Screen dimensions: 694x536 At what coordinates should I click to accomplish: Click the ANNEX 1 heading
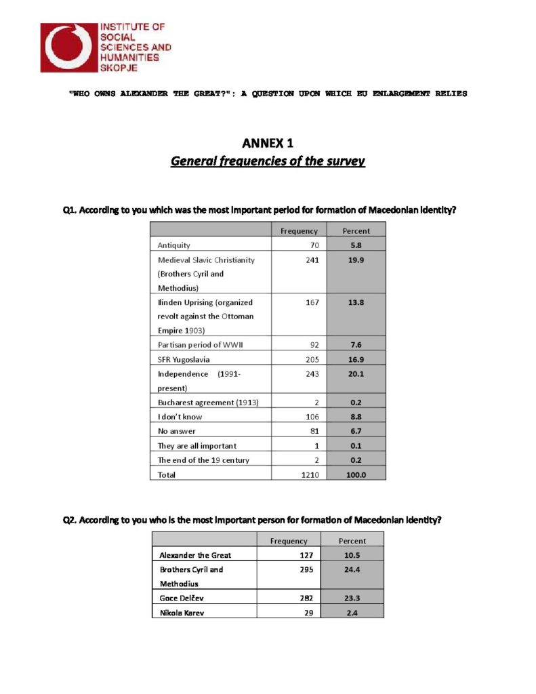tap(268, 143)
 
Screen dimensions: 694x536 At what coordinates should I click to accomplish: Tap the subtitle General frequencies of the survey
tap(268, 161)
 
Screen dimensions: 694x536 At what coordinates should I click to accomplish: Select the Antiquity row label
tap(174, 245)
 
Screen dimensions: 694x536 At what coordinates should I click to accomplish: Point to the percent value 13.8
tap(356, 302)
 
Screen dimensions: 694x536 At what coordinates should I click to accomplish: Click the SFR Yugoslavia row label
tap(179, 359)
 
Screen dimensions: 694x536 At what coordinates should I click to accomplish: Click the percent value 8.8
tap(356, 417)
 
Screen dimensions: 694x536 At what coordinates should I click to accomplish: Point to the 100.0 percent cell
tap(356, 475)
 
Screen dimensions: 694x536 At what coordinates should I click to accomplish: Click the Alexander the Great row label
tap(195, 554)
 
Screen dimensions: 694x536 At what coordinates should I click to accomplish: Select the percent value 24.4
tap(352, 569)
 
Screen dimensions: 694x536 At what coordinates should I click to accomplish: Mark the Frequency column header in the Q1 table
tap(299, 231)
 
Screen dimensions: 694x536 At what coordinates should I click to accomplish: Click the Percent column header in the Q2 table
tap(352, 541)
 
